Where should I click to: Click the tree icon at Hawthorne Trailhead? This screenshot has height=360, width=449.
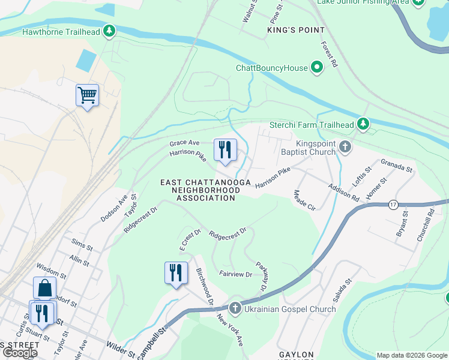pos(109,31)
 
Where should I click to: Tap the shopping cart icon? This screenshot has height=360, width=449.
pos(88,95)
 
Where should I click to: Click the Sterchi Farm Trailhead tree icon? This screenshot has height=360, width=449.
pos(363,124)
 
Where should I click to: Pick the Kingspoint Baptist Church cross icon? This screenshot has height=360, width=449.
pos(345,146)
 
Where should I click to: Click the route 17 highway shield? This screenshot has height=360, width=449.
pos(393,204)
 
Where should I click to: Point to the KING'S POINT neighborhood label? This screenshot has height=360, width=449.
pos(296,29)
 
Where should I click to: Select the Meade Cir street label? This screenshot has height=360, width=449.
pos(304,200)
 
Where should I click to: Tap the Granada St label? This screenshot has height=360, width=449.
pos(397,166)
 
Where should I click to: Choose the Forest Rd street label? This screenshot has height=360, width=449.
pos(329,54)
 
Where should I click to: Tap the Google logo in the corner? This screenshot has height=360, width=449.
pos(20,353)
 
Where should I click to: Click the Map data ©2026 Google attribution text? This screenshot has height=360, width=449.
pos(411,355)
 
